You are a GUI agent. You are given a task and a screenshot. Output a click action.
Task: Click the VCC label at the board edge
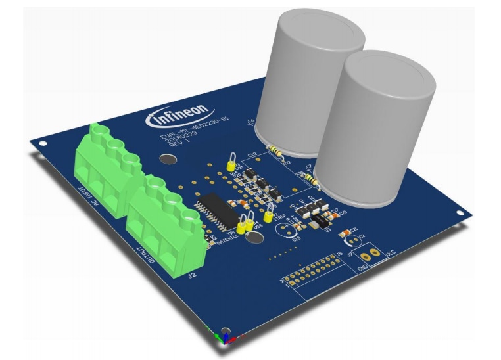pyautogui.click(x=390, y=253)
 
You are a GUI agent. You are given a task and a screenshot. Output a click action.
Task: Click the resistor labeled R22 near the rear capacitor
pyautogui.click(x=276, y=153)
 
